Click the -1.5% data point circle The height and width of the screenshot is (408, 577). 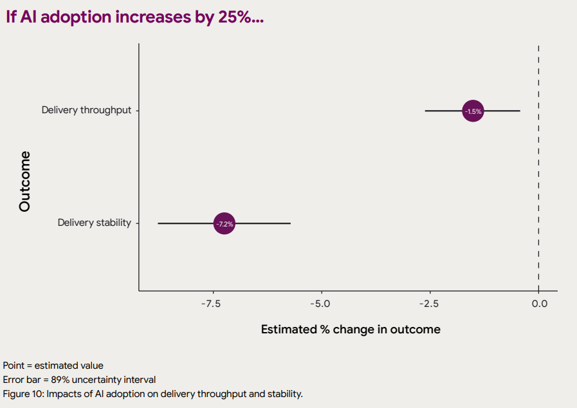click(x=473, y=111)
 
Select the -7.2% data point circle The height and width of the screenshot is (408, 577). click(x=224, y=223)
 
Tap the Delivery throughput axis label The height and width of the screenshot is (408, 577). click(x=86, y=110)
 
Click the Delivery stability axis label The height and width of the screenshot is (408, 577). click(x=94, y=223)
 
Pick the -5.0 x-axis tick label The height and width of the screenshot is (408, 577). click(x=320, y=304)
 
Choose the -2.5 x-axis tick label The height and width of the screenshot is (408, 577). click(x=429, y=304)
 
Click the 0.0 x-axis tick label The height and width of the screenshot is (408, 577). click(x=540, y=304)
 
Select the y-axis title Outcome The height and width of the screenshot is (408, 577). click(x=24, y=181)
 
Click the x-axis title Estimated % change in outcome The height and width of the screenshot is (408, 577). click(x=351, y=329)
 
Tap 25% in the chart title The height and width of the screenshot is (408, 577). click(x=235, y=17)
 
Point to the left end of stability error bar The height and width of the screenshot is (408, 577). click(x=158, y=223)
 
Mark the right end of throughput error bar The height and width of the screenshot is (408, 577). click(x=520, y=111)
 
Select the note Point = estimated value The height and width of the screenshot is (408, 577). click(x=53, y=366)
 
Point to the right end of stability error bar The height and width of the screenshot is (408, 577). click(x=290, y=223)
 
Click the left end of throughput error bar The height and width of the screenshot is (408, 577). click(x=425, y=111)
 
